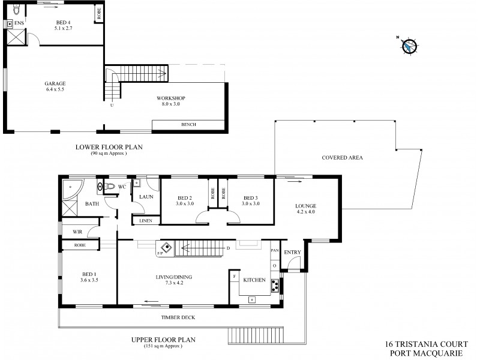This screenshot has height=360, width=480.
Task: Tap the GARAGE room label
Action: point(55,83)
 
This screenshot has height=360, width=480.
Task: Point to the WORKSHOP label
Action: point(171,98)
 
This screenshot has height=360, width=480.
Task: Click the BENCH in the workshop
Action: point(188,125)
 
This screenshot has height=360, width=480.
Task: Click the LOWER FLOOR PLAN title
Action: point(109,146)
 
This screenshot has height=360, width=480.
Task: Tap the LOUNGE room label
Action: point(305,206)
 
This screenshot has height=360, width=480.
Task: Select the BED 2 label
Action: point(185,198)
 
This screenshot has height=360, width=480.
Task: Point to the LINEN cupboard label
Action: point(146,221)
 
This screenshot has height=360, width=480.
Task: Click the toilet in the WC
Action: point(108,187)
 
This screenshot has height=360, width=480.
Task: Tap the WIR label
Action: point(77,231)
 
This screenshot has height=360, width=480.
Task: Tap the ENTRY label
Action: point(292,252)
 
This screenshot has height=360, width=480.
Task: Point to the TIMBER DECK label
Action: point(178,317)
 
